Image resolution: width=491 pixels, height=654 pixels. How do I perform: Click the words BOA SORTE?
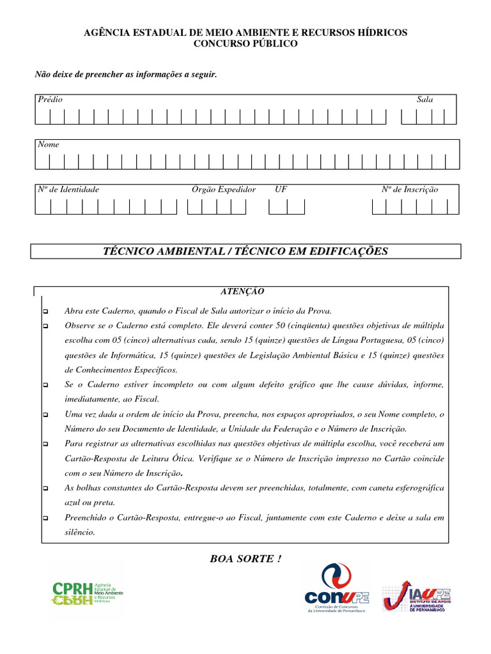coord(245,559)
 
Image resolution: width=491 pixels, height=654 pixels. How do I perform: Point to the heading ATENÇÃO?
coord(242,291)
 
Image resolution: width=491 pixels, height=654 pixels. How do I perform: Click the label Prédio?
coord(51,100)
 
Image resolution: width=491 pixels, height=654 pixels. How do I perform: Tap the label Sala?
coord(425,100)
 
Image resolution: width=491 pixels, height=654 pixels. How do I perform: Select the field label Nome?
coord(49,144)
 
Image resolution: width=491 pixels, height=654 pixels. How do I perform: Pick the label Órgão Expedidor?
coord(224,190)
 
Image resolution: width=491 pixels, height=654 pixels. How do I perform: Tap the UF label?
coord(281,190)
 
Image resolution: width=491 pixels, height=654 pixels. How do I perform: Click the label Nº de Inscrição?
coord(410,190)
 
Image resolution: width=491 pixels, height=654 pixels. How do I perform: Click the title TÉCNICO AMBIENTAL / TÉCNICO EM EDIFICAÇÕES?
coord(245,252)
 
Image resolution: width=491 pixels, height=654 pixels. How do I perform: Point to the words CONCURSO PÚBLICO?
coord(246,43)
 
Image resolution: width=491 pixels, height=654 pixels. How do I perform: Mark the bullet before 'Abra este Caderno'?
coord(45,312)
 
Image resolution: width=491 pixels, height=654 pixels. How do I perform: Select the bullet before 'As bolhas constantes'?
coord(45,489)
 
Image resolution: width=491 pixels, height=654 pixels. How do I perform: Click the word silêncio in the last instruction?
coord(80,532)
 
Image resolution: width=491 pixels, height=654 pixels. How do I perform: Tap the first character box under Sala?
coord(409,117)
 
